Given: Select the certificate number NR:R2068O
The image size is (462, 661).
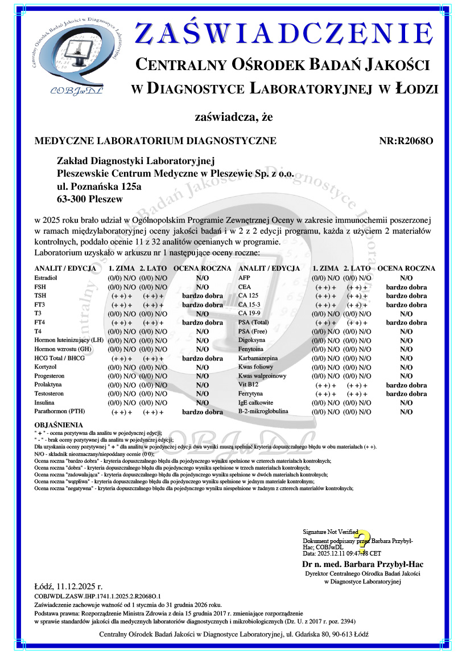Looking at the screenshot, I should [x=406, y=140].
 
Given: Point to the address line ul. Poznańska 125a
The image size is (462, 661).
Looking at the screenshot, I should [x=99, y=186].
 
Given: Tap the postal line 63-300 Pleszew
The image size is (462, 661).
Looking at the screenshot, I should [x=89, y=199].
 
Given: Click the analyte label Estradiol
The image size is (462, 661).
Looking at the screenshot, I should [x=46, y=278].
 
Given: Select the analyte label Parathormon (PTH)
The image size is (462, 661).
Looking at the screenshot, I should [x=60, y=411].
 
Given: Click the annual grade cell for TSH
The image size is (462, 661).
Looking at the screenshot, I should [x=203, y=296].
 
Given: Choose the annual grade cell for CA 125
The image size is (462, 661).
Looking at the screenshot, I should [x=406, y=296].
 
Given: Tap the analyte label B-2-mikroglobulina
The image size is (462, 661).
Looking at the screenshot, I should [x=263, y=411].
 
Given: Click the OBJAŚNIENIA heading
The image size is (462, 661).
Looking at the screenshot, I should [x=59, y=425].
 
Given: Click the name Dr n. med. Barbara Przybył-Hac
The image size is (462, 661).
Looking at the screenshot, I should [x=362, y=564].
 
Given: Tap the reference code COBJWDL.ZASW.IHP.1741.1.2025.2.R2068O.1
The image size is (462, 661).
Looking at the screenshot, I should [x=98, y=595].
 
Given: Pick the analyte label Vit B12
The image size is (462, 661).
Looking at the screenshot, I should [x=249, y=385].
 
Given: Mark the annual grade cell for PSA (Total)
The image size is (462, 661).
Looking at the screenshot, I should [x=406, y=323].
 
